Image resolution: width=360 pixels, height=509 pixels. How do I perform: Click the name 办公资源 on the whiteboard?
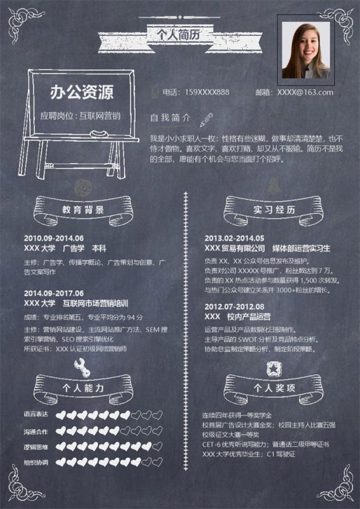click(81, 93)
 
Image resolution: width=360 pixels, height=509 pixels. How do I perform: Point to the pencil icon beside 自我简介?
click(206, 118)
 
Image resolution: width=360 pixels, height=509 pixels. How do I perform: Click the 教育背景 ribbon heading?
click(83, 209)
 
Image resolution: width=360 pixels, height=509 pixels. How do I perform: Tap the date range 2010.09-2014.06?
click(53, 237)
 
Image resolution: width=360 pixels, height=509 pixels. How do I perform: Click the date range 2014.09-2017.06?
click(53, 293)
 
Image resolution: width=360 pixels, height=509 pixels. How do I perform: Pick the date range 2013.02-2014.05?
click(234, 237)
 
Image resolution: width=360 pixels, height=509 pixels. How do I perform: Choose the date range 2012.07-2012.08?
click(234, 306)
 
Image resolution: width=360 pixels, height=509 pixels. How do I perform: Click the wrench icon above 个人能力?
click(82, 366)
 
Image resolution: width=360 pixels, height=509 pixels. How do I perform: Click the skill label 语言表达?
click(36, 415)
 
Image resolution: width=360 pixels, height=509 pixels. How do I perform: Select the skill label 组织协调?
click(36, 463)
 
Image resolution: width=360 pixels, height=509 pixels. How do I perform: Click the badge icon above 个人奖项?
click(274, 367)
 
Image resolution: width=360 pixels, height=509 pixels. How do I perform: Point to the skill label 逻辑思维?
click(36, 447)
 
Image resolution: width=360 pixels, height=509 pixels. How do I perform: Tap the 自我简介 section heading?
click(170, 118)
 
